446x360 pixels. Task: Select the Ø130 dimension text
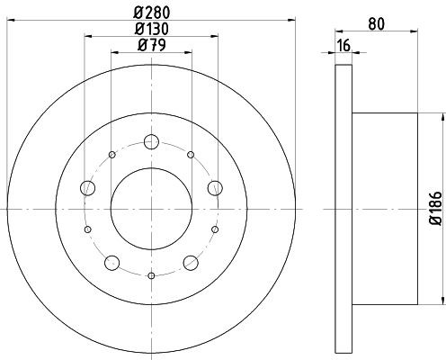(x=152, y=28)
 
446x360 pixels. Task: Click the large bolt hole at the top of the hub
(x=151, y=141)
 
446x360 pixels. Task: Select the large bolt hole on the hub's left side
(x=88, y=187)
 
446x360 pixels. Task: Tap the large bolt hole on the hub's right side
(x=215, y=187)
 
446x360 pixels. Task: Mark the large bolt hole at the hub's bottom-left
(x=112, y=262)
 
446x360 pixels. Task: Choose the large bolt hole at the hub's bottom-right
(x=191, y=262)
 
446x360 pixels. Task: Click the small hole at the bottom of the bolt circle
(x=151, y=275)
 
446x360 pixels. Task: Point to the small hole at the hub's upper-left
(x=112, y=155)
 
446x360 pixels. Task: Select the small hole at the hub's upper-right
(x=191, y=155)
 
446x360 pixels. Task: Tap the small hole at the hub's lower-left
(x=88, y=229)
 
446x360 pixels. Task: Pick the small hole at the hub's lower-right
(x=215, y=229)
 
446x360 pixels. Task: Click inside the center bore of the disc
(x=151, y=208)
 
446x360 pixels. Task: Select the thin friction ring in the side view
(x=343, y=208)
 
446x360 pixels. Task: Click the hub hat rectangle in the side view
(x=384, y=208)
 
